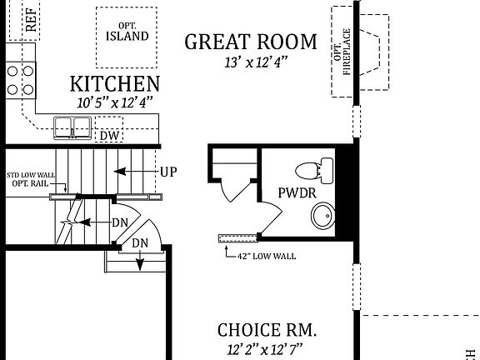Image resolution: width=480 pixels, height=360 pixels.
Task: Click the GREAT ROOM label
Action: coord(251,42)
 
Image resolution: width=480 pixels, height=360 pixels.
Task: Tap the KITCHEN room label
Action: coord(115,83)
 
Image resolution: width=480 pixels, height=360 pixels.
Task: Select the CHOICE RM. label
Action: coord(267,329)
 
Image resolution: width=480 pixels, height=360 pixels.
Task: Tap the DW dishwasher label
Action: coord(108,136)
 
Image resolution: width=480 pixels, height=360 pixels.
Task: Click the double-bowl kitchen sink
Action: coord(72,127)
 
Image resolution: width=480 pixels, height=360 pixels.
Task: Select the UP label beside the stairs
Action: coord(168,172)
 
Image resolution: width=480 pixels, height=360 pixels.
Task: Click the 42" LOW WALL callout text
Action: coord(267,256)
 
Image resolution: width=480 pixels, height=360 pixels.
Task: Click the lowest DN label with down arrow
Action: coord(140,242)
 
